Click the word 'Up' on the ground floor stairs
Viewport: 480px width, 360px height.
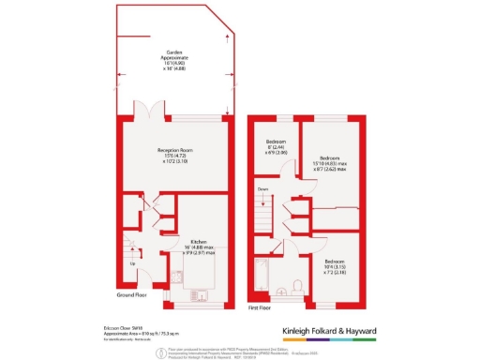coord(132,263)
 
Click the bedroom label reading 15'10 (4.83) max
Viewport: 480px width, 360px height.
coord(329,163)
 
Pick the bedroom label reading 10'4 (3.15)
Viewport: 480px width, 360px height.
coord(333,265)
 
